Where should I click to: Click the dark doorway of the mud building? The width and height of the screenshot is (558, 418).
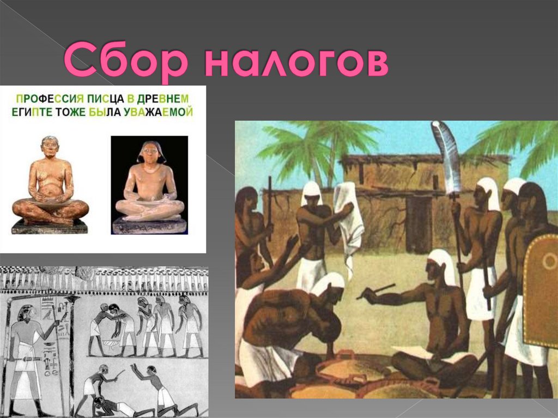pos(418,223)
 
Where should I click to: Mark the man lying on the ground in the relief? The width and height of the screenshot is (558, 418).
pos(117,406)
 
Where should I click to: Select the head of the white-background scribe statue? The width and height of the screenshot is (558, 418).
pos(50,146)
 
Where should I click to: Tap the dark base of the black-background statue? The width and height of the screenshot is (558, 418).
pos(149,226)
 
